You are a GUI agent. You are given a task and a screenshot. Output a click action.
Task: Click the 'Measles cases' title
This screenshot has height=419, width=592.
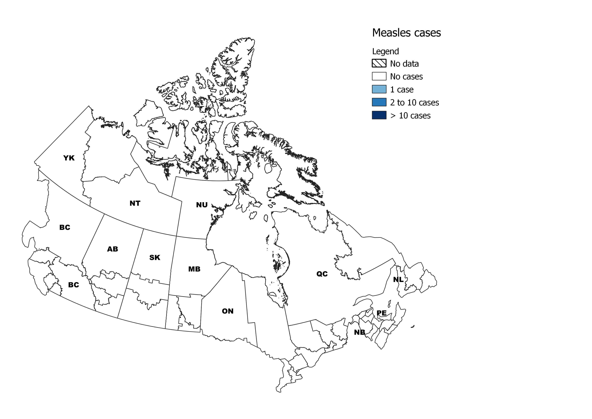click(x=406, y=33)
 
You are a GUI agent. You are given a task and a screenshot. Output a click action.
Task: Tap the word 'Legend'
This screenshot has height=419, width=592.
click(x=385, y=51)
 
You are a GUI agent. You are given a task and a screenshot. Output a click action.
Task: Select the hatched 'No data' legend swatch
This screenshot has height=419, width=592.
click(x=379, y=64)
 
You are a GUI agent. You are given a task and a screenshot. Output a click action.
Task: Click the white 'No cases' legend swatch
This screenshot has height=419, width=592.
click(x=379, y=76)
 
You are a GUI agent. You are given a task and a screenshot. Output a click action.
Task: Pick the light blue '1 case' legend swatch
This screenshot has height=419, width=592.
click(x=379, y=89)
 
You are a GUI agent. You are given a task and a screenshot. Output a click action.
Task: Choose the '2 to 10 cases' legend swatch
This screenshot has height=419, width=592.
click(x=379, y=102)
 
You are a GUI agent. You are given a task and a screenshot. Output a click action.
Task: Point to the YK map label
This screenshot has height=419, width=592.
click(x=69, y=158)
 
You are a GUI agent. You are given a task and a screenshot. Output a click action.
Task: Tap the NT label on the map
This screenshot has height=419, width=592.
click(x=135, y=203)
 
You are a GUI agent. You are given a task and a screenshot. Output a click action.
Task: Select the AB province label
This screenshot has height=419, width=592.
click(x=112, y=249)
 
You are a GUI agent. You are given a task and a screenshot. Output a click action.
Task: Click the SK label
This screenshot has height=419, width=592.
click(x=155, y=257)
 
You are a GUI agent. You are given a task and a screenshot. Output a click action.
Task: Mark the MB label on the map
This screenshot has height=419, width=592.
click(x=194, y=269)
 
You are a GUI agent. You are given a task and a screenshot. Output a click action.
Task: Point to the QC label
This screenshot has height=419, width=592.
click(x=322, y=274)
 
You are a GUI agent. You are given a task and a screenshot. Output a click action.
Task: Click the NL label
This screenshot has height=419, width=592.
click(x=398, y=279)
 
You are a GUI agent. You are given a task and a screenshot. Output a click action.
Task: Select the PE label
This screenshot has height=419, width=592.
click(x=382, y=313)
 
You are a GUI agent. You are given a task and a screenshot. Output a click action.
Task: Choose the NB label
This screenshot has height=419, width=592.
click(x=359, y=332)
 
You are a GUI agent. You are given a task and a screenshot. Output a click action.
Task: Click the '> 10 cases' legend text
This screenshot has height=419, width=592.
click(x=410, y=116)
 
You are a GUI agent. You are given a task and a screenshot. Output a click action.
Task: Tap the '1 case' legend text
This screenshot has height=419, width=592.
click(x=402, y=90)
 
